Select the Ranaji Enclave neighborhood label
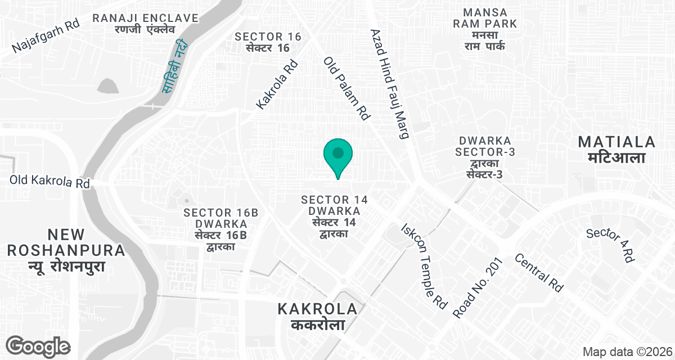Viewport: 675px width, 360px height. tap(146, 24)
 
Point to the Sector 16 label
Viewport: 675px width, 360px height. tap(268, 42)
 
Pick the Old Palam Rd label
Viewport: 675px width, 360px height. tap(346, 88)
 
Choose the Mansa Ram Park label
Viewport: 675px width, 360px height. tap(485, 29)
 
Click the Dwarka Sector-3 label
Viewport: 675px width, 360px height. tap(484, 157)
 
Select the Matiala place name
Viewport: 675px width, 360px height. tap(617, 149)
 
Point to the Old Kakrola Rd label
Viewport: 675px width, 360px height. tap(49, 182)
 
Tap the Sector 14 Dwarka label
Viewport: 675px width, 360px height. tap(334, 216)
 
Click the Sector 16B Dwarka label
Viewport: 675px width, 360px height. tap(220, 229)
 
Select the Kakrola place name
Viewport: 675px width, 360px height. tap(318, 316)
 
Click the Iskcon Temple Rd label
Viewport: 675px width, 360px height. tap(424, 265)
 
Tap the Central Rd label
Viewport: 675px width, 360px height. tap(539, 273)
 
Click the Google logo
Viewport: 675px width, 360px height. tap(38, 346)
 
